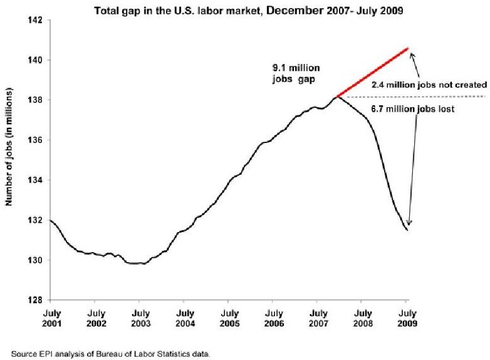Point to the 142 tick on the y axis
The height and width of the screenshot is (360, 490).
35,20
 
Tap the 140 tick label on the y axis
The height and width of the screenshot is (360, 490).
35,60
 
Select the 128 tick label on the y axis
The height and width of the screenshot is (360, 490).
35,300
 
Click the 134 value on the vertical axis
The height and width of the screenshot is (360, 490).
35,180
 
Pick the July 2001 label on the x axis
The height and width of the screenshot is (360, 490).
51,317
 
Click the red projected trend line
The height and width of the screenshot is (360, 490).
372,73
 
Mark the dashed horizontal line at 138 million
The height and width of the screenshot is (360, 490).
439,97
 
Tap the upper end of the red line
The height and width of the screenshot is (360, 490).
407,48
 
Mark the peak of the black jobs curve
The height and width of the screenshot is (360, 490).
337,97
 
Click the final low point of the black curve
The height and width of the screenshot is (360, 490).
408,230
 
